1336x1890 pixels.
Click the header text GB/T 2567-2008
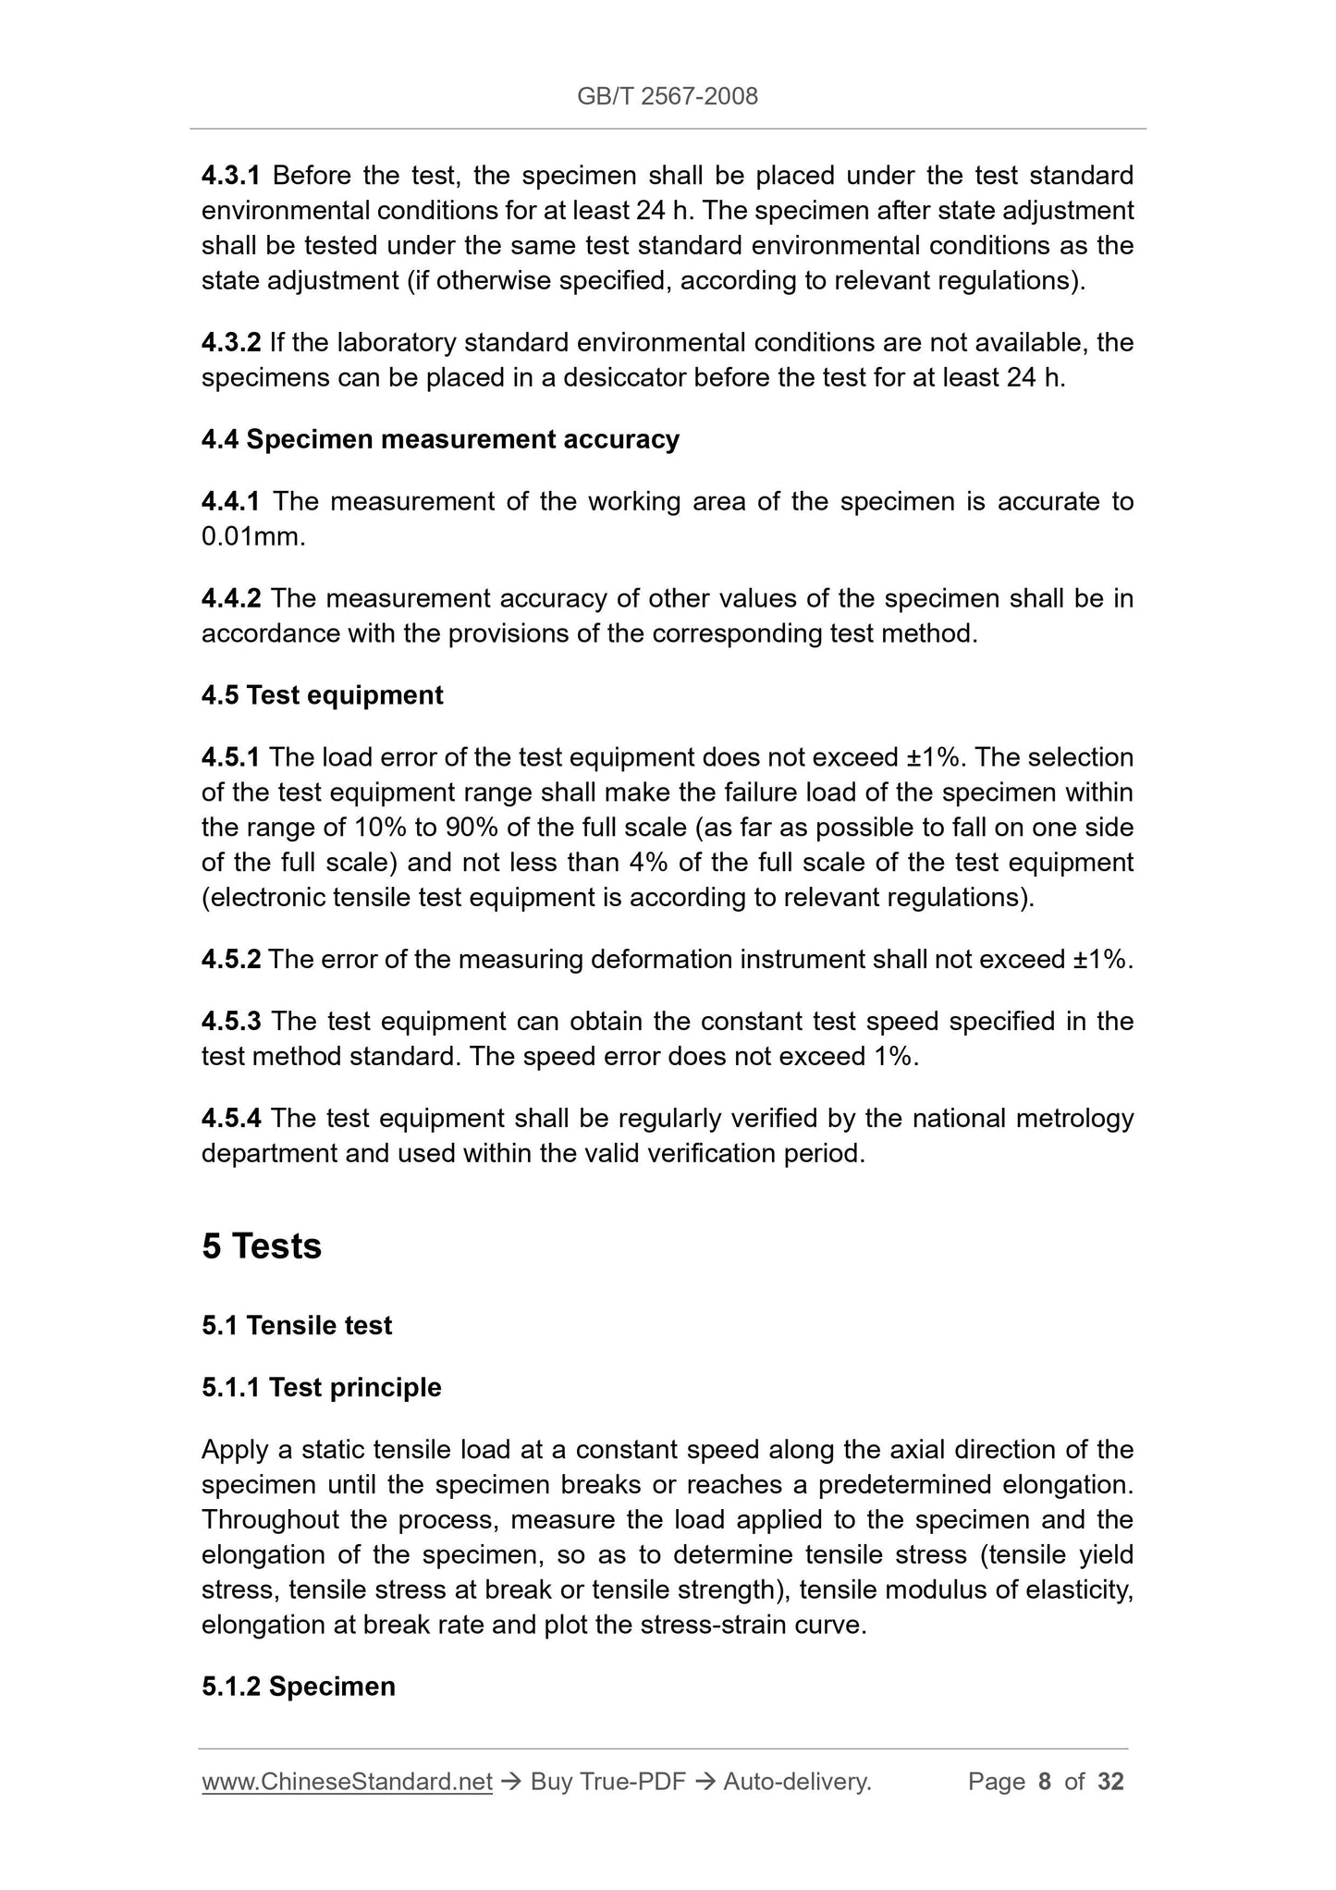(668, 96)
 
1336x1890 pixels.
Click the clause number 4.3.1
(231, 175)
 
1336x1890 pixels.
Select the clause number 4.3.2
(231, 342)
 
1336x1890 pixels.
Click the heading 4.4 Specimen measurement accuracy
(440, 439)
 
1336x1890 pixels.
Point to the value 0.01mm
(252, 536)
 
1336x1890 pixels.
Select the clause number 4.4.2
(231, 598)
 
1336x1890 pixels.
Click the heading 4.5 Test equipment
(322, 695)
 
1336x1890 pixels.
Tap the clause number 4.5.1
(231, 757)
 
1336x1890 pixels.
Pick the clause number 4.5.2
(231, 959)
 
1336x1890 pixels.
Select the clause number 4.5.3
(231, 1021)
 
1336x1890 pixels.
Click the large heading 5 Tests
(262, 1246)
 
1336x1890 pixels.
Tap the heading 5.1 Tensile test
(297, 1325)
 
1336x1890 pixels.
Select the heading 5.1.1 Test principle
(322, 1387)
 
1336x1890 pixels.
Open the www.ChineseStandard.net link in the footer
(347, 1781)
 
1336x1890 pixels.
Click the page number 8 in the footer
(1045, 1781)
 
